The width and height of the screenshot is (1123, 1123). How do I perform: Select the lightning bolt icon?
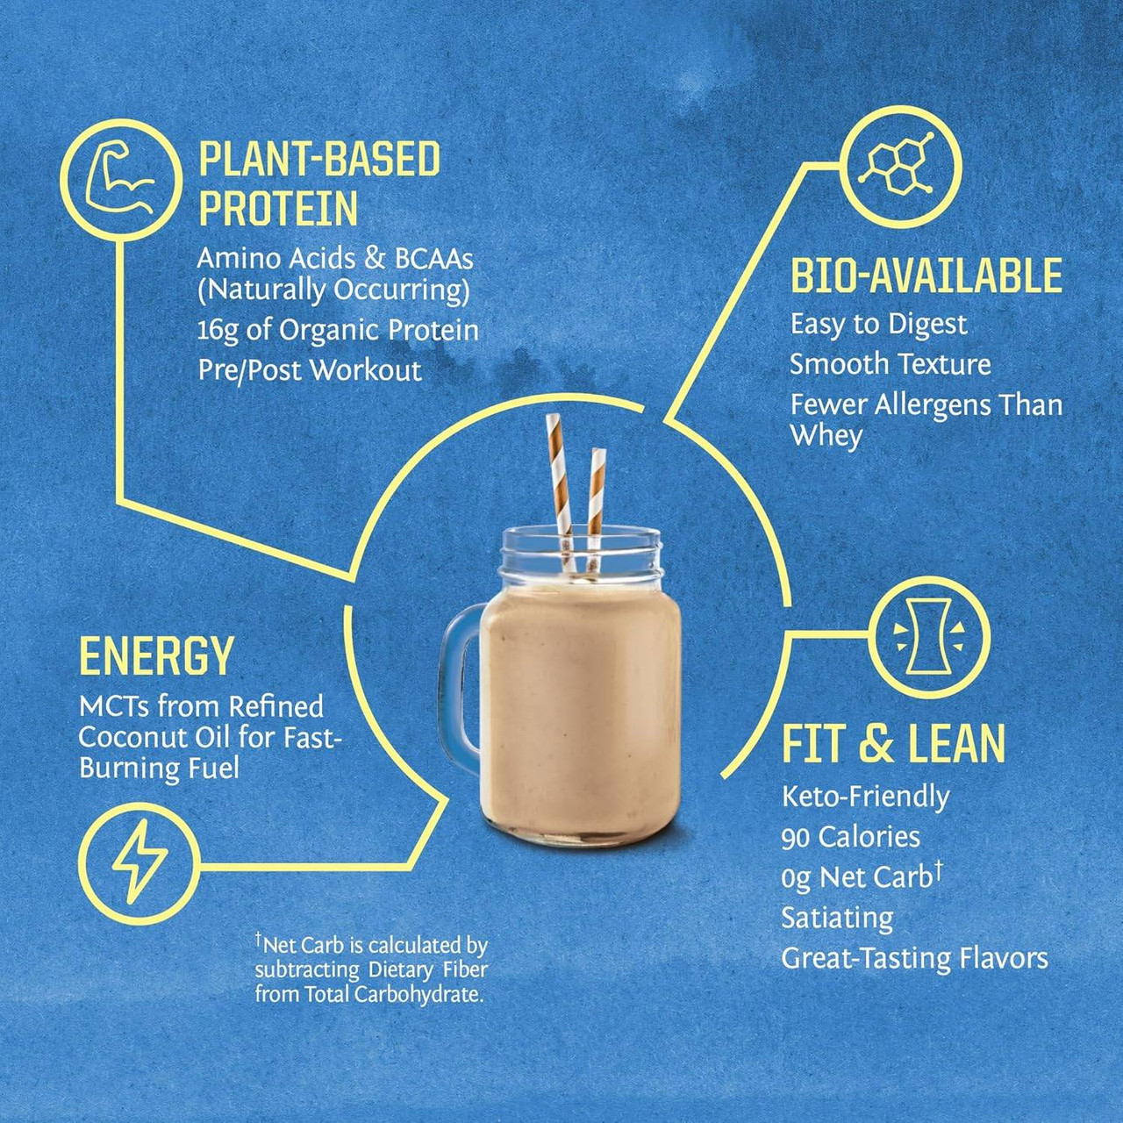pyautogui.click(x=139, y=863)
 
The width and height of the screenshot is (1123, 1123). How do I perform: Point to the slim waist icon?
pyautogui.click(x=928, y=636)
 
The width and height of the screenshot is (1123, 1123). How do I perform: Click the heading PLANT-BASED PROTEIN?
pyautogui.click(x=319, y=183)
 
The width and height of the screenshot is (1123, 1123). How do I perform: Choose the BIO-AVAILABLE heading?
pyautogui.click(x=926, y=275)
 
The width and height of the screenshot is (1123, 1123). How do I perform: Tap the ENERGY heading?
pyautogui.click(x=156, y=656)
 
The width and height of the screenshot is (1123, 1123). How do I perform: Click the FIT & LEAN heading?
pyautogui.click(x=893, y=744)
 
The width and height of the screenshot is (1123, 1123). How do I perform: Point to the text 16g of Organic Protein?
pyautogui.click(x=338, y=331)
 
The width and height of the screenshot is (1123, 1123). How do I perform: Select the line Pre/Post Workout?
pyautogui.click(x=310, y=370)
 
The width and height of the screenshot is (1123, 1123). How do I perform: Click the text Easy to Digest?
pyautogui.click(x=878, y=325)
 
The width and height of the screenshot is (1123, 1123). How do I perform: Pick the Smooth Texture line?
pyautogui.click(x=890, y=364)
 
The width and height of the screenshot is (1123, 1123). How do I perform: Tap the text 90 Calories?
pyautogui.click(x=850, y=837)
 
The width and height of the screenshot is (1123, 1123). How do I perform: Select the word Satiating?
pyautogui.click(x=837, y=918)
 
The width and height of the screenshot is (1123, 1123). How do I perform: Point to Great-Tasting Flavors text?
pyautogui.click(x=914, y=958)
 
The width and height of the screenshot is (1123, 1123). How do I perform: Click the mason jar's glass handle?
pyautogui.click(x=461, y=684)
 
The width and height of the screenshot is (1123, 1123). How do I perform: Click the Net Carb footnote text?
pyautogui.click(x=370, y=969)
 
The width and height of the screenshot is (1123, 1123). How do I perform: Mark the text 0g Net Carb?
pyautogui.click(x=856, y=877)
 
